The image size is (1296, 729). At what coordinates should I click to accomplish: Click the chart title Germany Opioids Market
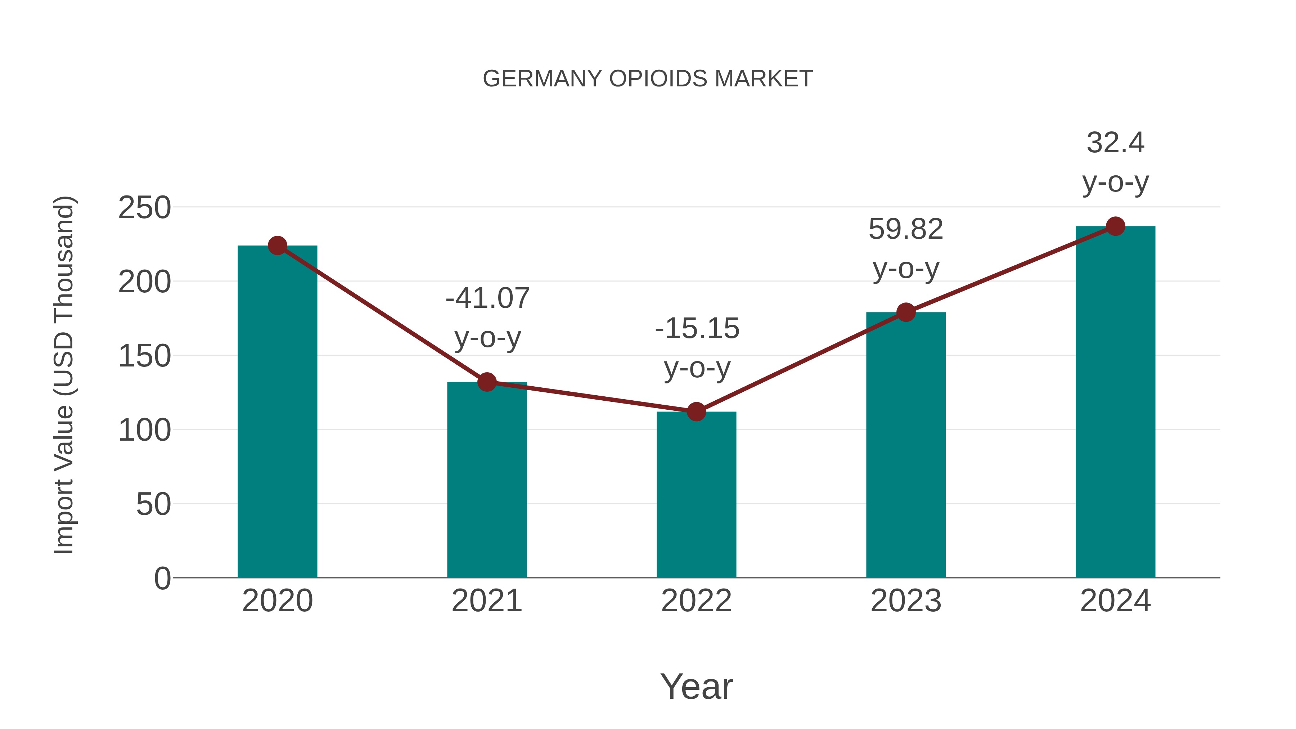[x=648, y=79]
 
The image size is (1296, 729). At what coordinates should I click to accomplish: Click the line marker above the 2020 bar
[x=277, y=246]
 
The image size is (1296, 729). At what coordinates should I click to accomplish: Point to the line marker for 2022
[x=696, y=411]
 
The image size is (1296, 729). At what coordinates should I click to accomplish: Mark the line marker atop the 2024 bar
[x=1115, y=226]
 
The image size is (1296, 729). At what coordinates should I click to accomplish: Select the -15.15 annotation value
[x=697, y=329]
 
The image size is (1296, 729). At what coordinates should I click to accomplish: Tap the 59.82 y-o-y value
[x=906, y=229]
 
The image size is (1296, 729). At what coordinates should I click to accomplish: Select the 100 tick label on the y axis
[x=144, y=430]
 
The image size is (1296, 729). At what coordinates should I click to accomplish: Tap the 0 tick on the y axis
[x=162, y=578]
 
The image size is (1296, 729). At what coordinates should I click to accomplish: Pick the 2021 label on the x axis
[x=486, y=601]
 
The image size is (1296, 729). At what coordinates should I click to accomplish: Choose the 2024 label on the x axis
[x=1115, y=601]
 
